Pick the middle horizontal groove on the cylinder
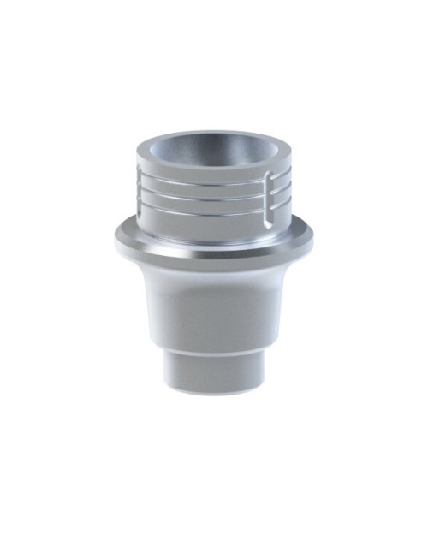pyautogui.click(x=205, y=193)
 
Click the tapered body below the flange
pyautogui.click(x=214, y=300)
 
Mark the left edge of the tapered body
pyautogui.click(x=142, y=300)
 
